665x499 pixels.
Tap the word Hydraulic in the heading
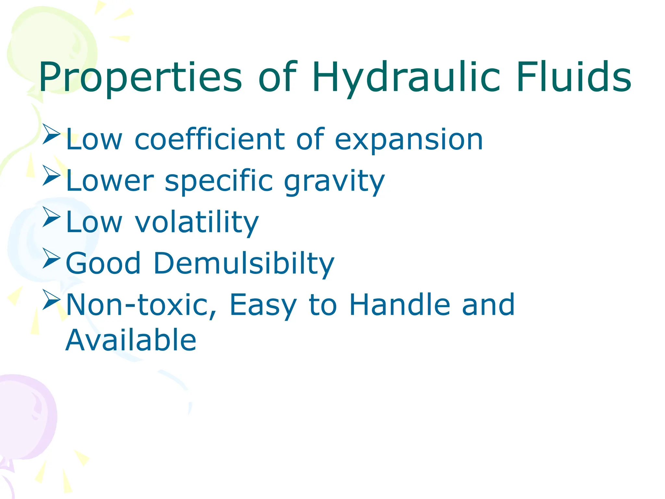tap(406, 78)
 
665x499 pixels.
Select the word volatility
tap(197, 223)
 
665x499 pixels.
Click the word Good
tap(103, 263)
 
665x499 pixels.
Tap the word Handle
tap(400, 305)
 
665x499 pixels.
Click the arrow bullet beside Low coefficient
tap(51, 134)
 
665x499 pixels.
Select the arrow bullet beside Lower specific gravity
tap(51, 175)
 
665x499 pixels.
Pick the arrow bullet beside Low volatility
tap(51, 217)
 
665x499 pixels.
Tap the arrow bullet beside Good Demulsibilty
tap(51, 258)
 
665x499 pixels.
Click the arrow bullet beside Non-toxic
tap(51, 300)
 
